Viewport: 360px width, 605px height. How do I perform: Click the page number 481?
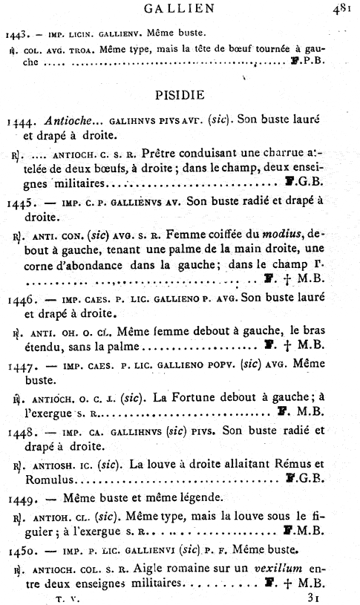point(345,9)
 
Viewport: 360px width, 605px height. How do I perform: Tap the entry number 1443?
point(16,33)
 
